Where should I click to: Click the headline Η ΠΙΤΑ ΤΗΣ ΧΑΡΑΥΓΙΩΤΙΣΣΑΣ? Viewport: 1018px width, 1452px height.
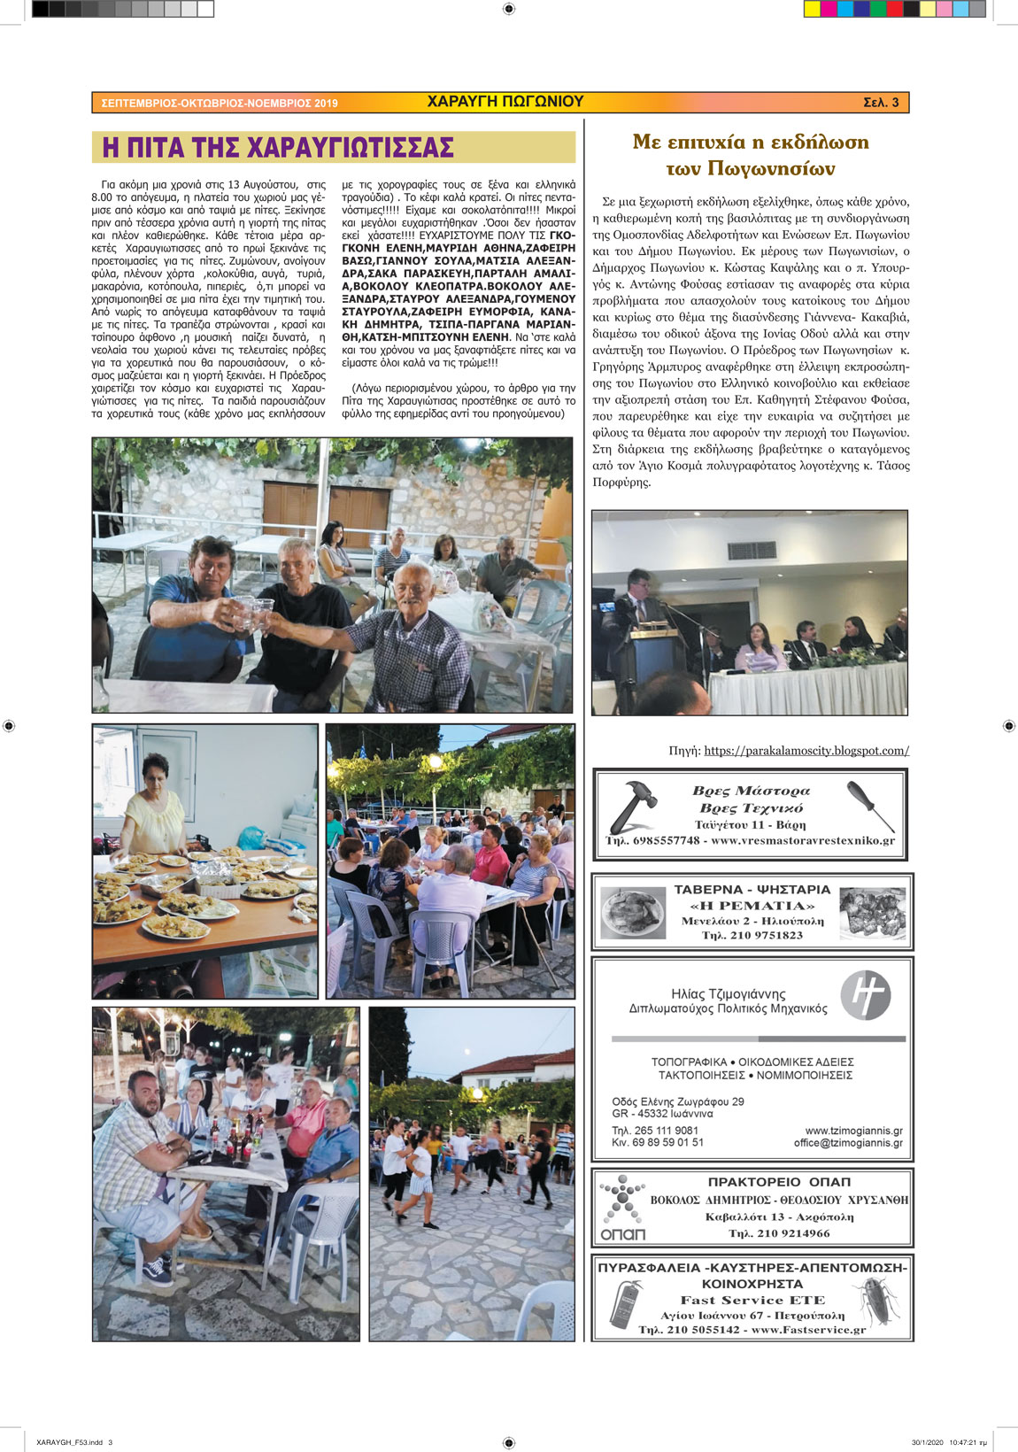coord(277,147)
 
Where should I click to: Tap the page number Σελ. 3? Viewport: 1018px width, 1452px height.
coord(880,103)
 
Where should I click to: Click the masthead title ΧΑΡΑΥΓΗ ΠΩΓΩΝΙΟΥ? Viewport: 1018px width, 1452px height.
coord(505,102)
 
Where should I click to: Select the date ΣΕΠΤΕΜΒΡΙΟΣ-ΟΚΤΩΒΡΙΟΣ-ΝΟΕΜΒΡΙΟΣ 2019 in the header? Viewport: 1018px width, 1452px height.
coord(220,104)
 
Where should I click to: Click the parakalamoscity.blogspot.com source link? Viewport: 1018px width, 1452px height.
coord(806,751)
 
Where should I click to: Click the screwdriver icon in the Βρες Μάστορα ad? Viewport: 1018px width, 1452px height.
coord(869,803)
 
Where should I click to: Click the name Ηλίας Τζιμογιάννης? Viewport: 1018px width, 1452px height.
coord(728,994)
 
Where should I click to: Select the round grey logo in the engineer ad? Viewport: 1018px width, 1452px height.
coord(865,995)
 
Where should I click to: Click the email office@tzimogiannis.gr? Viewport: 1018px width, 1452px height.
coord(848,1143)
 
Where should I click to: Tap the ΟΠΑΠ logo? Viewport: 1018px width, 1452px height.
coord(622,1207)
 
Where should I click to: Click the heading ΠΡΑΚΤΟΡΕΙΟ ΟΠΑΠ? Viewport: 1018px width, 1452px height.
coord(779,1182)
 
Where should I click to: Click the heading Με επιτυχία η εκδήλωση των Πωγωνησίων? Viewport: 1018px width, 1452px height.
coord(751,155)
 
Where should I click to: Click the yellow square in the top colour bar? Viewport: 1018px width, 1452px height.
coord(812,9)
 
